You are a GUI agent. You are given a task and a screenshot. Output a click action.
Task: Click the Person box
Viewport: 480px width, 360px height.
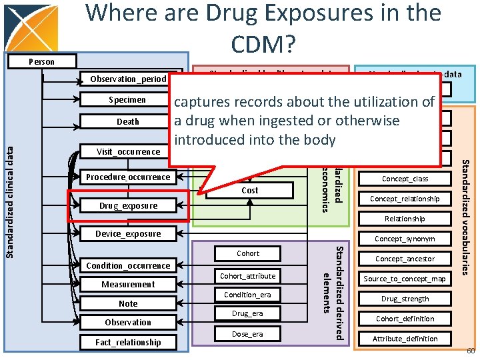(41, 61)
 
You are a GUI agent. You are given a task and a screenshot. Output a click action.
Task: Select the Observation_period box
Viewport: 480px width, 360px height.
(128, 79)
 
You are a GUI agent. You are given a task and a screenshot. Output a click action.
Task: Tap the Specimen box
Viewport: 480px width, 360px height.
(127, 100)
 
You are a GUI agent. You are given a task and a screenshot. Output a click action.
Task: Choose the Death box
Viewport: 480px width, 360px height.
(127, 121)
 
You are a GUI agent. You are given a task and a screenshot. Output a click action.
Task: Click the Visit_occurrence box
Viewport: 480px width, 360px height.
(127, 151)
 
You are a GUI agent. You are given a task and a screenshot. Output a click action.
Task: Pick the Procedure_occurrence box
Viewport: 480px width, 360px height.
(128, 177)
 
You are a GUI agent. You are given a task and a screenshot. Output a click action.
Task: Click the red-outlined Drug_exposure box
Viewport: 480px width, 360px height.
(128, 205)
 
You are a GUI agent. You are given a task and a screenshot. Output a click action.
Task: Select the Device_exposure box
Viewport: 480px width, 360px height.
(128, 234)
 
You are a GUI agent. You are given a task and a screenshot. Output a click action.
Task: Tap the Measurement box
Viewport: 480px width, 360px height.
(128, 284)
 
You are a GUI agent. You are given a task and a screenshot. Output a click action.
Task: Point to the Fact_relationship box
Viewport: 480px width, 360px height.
(128, 342)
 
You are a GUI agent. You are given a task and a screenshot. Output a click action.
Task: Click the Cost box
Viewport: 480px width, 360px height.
(249, 191)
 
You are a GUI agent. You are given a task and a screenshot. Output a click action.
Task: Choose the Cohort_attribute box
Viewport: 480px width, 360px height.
(247, 276)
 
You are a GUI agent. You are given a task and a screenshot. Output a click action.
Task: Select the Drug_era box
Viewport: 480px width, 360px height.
(247, 313)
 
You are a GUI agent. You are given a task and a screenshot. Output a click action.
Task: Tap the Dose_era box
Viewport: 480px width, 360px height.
(247, 334)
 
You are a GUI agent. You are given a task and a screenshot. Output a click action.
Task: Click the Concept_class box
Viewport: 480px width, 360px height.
(405, 179)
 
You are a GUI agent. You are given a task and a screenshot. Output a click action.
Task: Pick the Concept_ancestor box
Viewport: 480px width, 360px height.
(405, 259)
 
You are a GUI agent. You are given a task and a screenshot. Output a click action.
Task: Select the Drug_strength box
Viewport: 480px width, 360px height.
(405, 299)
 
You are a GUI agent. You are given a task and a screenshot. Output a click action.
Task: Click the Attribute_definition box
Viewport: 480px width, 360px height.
(405, 339)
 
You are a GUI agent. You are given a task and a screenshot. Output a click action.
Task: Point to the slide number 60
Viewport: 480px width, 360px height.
(470, 351)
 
